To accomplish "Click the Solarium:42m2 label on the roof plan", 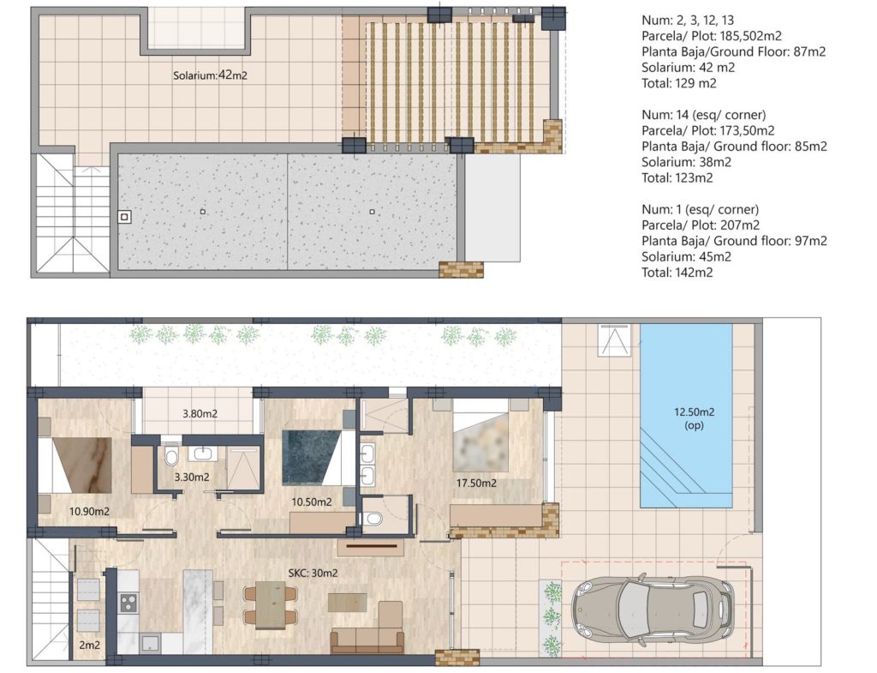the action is coord(210,75).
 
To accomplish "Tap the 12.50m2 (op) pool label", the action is coord(694,418).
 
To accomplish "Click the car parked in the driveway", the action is coord(653,608).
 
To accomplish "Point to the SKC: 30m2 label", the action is coord(313,573).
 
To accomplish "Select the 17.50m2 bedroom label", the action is coord(476,483).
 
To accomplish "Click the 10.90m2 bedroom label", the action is coord(89,511).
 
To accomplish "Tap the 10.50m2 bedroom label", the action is coord(312,502).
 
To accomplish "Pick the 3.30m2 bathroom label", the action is coord(192,477).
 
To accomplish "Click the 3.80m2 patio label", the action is coord(200,414).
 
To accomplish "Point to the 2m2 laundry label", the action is coord(89,645).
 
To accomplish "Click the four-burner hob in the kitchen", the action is coord(128,603).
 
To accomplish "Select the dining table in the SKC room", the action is coord(271,605).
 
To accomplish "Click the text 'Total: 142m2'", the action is coord(677,273).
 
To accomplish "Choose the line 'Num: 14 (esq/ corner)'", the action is coord(704,115).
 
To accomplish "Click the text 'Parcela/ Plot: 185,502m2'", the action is coord(712,36).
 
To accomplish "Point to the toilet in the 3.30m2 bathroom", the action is coord(171,456).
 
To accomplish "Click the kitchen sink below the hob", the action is coord(149,643).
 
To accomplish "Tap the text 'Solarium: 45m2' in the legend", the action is coord(686,257).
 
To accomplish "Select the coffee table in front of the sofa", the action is coord(347,603).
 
